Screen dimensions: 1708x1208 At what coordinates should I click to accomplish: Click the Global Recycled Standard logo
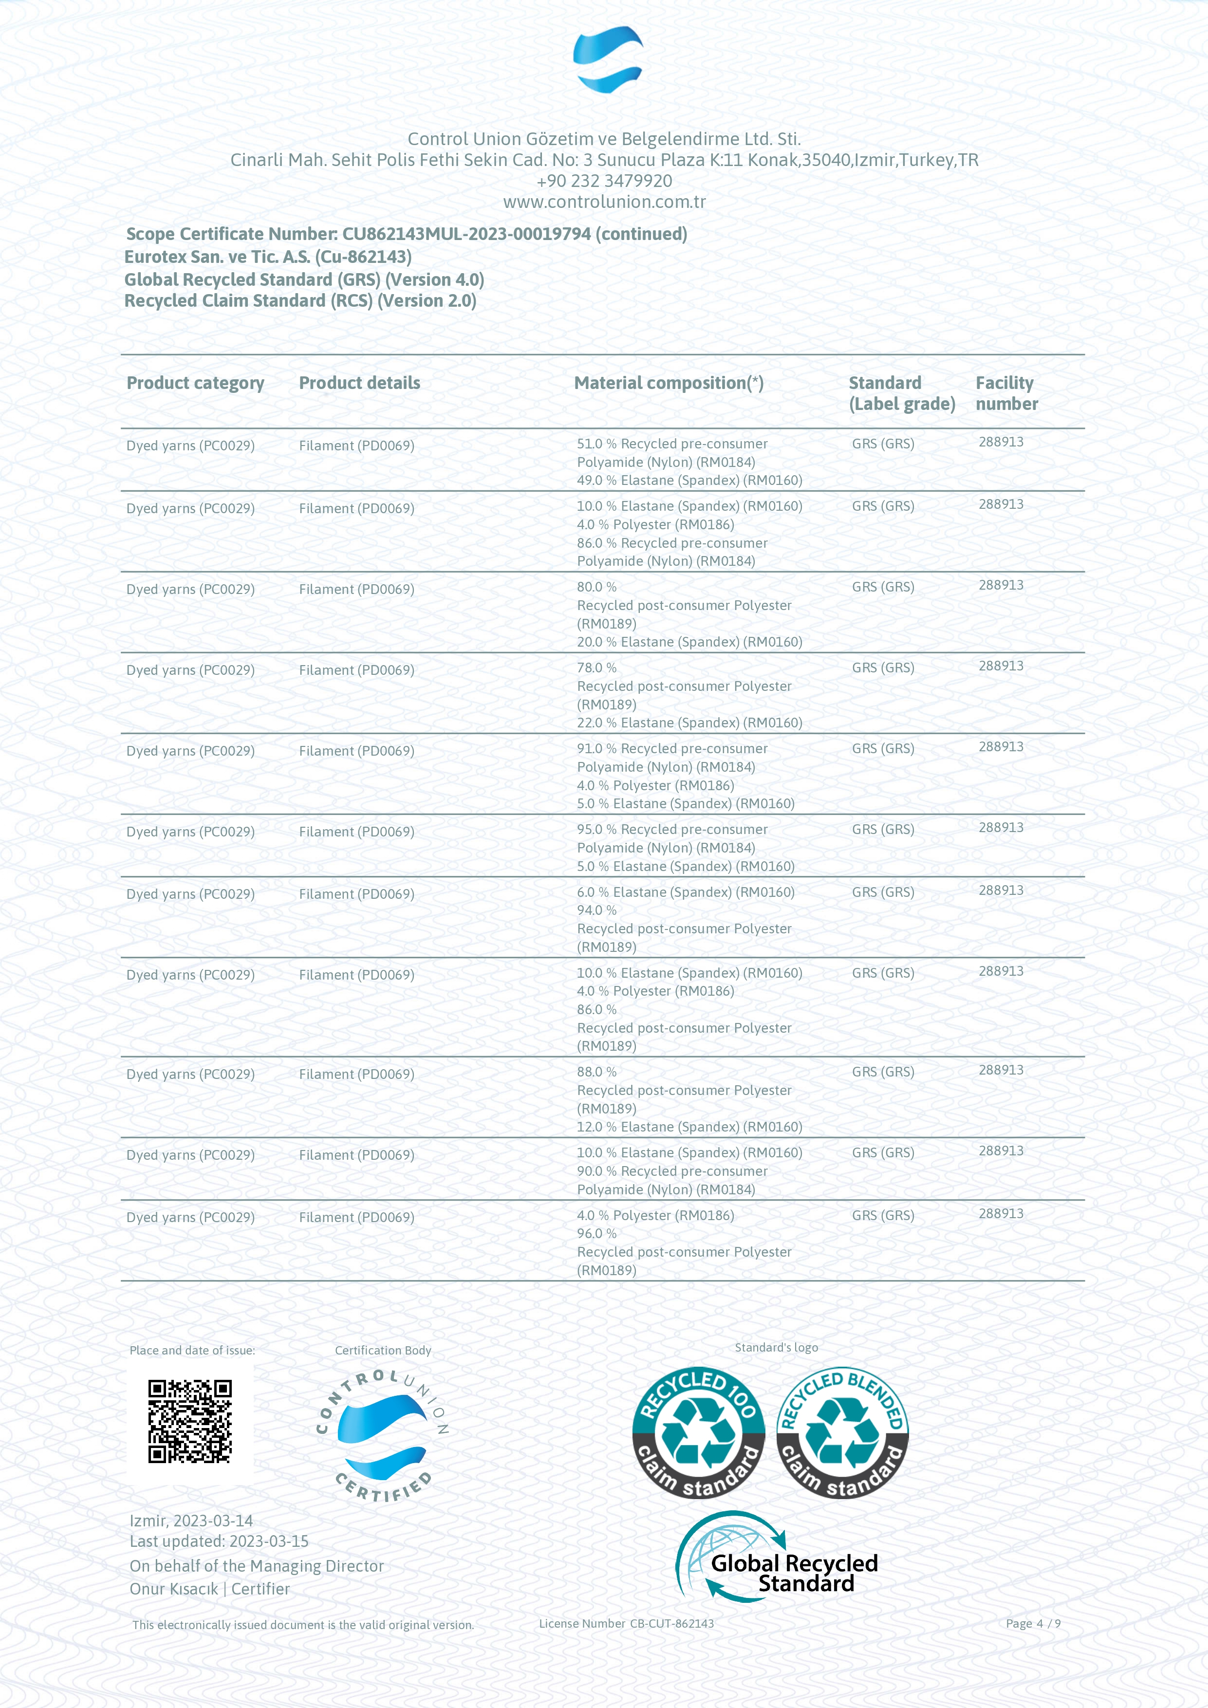coord(777,1557)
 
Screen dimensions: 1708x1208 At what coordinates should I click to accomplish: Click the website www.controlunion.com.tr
coord(604,202)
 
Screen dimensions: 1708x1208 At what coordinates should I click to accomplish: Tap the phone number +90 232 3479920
coord(604,181)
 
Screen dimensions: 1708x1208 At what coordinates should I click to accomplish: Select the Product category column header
coord(195,383)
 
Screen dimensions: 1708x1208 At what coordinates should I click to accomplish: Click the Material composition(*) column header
coord(668,383)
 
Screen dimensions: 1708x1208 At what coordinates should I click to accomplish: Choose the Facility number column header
coord(1005,393)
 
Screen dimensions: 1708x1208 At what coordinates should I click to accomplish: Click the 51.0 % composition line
coord(672,444)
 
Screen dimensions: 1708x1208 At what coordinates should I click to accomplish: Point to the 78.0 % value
coord(596,668)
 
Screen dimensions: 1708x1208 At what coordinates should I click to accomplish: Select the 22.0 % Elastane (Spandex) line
coord(689,723)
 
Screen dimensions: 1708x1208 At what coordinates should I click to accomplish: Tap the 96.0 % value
coord(596,1233)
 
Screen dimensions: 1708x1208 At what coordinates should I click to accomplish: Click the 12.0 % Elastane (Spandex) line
coord(689,1127)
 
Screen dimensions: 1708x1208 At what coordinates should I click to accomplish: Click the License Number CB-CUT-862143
coord(626,1623)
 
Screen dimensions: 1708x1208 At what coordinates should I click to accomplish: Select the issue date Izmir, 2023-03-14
coord(191,1521)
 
